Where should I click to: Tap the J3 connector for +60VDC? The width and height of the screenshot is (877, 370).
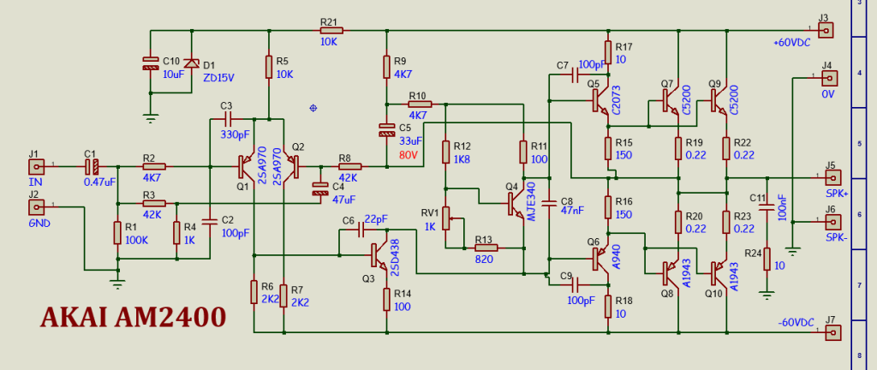[x=826, y=30]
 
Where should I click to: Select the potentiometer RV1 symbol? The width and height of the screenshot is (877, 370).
[x=445, y=212]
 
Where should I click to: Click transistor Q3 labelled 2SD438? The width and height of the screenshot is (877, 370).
[x=379, y=253]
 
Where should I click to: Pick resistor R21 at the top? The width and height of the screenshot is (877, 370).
[x=328, y=31]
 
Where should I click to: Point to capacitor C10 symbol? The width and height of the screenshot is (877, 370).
[x=151, y=63]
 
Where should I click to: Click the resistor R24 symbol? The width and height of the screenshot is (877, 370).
[x=767, y=258]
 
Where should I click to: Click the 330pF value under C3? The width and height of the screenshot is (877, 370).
[x=234, y=134]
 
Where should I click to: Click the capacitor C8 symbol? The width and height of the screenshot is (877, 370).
[x=549, y=202]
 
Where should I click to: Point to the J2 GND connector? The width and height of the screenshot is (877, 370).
[x=35, y=206]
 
